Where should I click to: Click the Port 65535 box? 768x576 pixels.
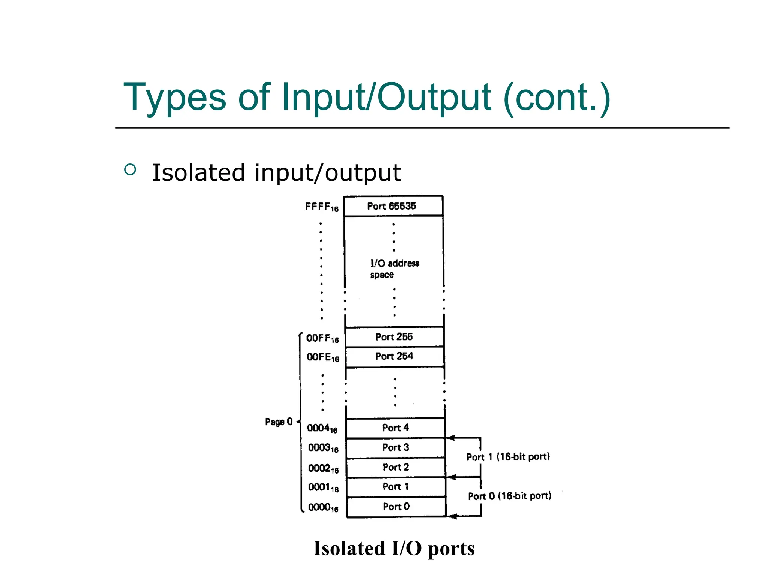coord(393,206)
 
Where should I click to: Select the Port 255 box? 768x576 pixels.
coord(394,337)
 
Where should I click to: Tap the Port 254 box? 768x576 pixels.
coord(394,356)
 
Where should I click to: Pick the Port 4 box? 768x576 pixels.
coord(395,428)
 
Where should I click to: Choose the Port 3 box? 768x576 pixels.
coord(396,447)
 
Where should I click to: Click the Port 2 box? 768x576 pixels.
coord(396,467)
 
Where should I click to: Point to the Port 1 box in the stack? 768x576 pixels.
coord(396,487)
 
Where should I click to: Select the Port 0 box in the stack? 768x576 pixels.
coord(396,507)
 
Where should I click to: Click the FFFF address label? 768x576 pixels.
coord(322,207)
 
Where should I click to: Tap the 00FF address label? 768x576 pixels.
coord(322,338)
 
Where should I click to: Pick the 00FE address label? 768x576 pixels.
coord(323,357)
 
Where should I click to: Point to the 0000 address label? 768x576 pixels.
coord(323,508)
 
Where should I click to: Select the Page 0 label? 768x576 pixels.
coord(279,422)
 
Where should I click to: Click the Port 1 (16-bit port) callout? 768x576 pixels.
coord(508,457)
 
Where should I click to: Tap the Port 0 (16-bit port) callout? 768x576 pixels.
coord(509,496)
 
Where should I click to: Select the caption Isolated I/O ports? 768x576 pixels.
coord(394,548)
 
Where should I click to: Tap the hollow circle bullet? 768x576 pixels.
coord(130,170)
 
